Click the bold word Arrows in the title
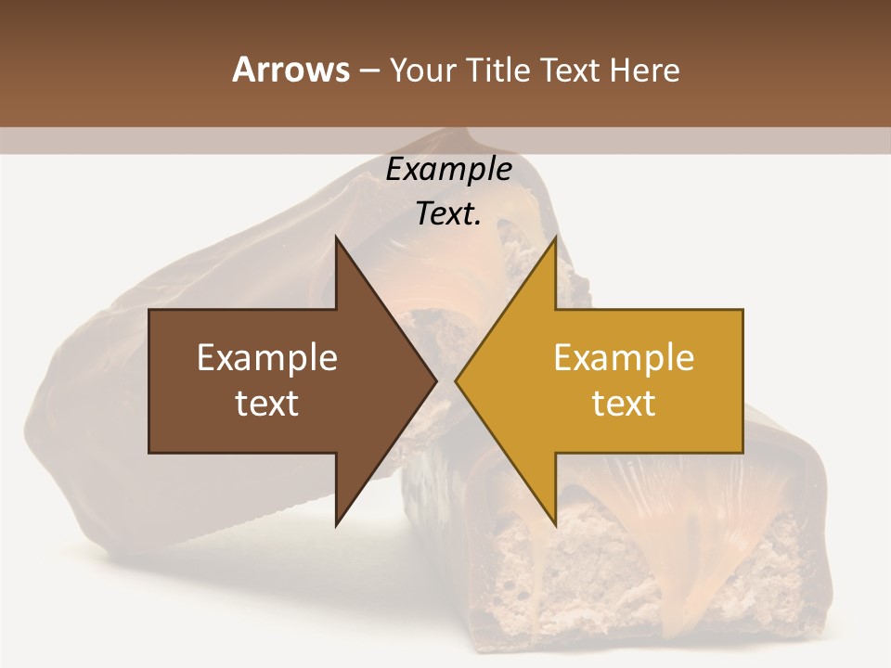coord(291,70)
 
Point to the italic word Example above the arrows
coord(448,169)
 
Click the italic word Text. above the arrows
coord(448,214)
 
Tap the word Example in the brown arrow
coord(267,357)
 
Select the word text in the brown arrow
coord(267,403)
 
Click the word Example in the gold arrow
coord(624,357)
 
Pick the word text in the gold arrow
coord(624,403)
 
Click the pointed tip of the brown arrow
coord(435,380)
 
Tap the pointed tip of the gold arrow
coord(457,380)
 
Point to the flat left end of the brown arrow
coord(151,380)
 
